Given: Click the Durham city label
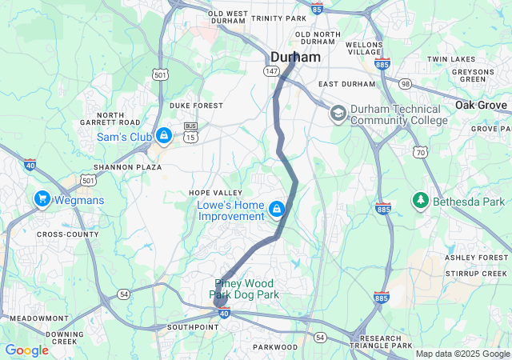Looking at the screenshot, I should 295,58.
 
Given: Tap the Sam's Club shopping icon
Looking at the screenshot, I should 164,136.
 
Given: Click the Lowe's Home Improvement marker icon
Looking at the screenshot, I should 276,210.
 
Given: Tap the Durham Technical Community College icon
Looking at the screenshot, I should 338,114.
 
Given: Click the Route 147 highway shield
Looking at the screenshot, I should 271,70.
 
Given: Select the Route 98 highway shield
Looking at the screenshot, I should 406,85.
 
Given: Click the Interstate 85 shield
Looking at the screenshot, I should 317,8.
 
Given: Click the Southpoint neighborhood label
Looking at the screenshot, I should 193,327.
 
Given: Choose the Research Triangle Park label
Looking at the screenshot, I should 380,344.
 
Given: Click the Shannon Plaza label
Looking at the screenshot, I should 127,167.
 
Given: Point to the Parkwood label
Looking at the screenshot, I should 274,347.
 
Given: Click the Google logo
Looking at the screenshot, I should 26,350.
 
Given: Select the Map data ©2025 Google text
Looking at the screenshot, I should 462,354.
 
